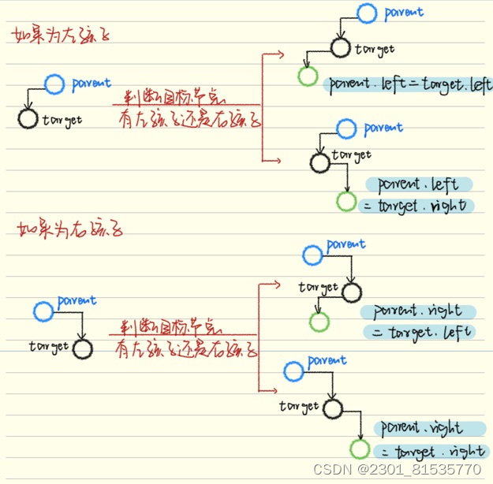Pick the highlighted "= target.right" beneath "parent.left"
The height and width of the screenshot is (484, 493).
pos(416,207)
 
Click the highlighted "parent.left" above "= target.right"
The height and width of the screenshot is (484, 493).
pos(418,184)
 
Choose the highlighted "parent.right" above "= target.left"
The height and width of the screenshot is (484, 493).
pos(417,311)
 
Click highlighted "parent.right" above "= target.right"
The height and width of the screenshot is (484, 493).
pos(430,429)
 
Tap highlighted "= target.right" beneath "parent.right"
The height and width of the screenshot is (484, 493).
pos(431,452)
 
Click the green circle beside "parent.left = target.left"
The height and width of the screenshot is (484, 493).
pos(307,77)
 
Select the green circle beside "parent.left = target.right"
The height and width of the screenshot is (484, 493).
pos(345,201)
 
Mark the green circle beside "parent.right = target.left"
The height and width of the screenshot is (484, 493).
pos(319,322)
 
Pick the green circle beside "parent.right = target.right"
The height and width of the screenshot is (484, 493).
pos(360,449)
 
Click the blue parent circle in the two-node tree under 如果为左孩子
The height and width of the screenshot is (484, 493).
pos(54,84)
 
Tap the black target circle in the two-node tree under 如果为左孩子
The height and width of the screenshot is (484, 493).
pos(28,119)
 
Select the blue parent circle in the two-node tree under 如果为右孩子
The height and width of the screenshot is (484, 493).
pos(43,311)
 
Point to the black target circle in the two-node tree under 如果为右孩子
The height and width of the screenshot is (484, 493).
pos(82,348)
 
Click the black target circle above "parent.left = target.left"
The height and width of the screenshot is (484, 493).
pos(340,48)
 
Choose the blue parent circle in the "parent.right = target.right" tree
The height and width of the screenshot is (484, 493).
pos(293,369)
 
